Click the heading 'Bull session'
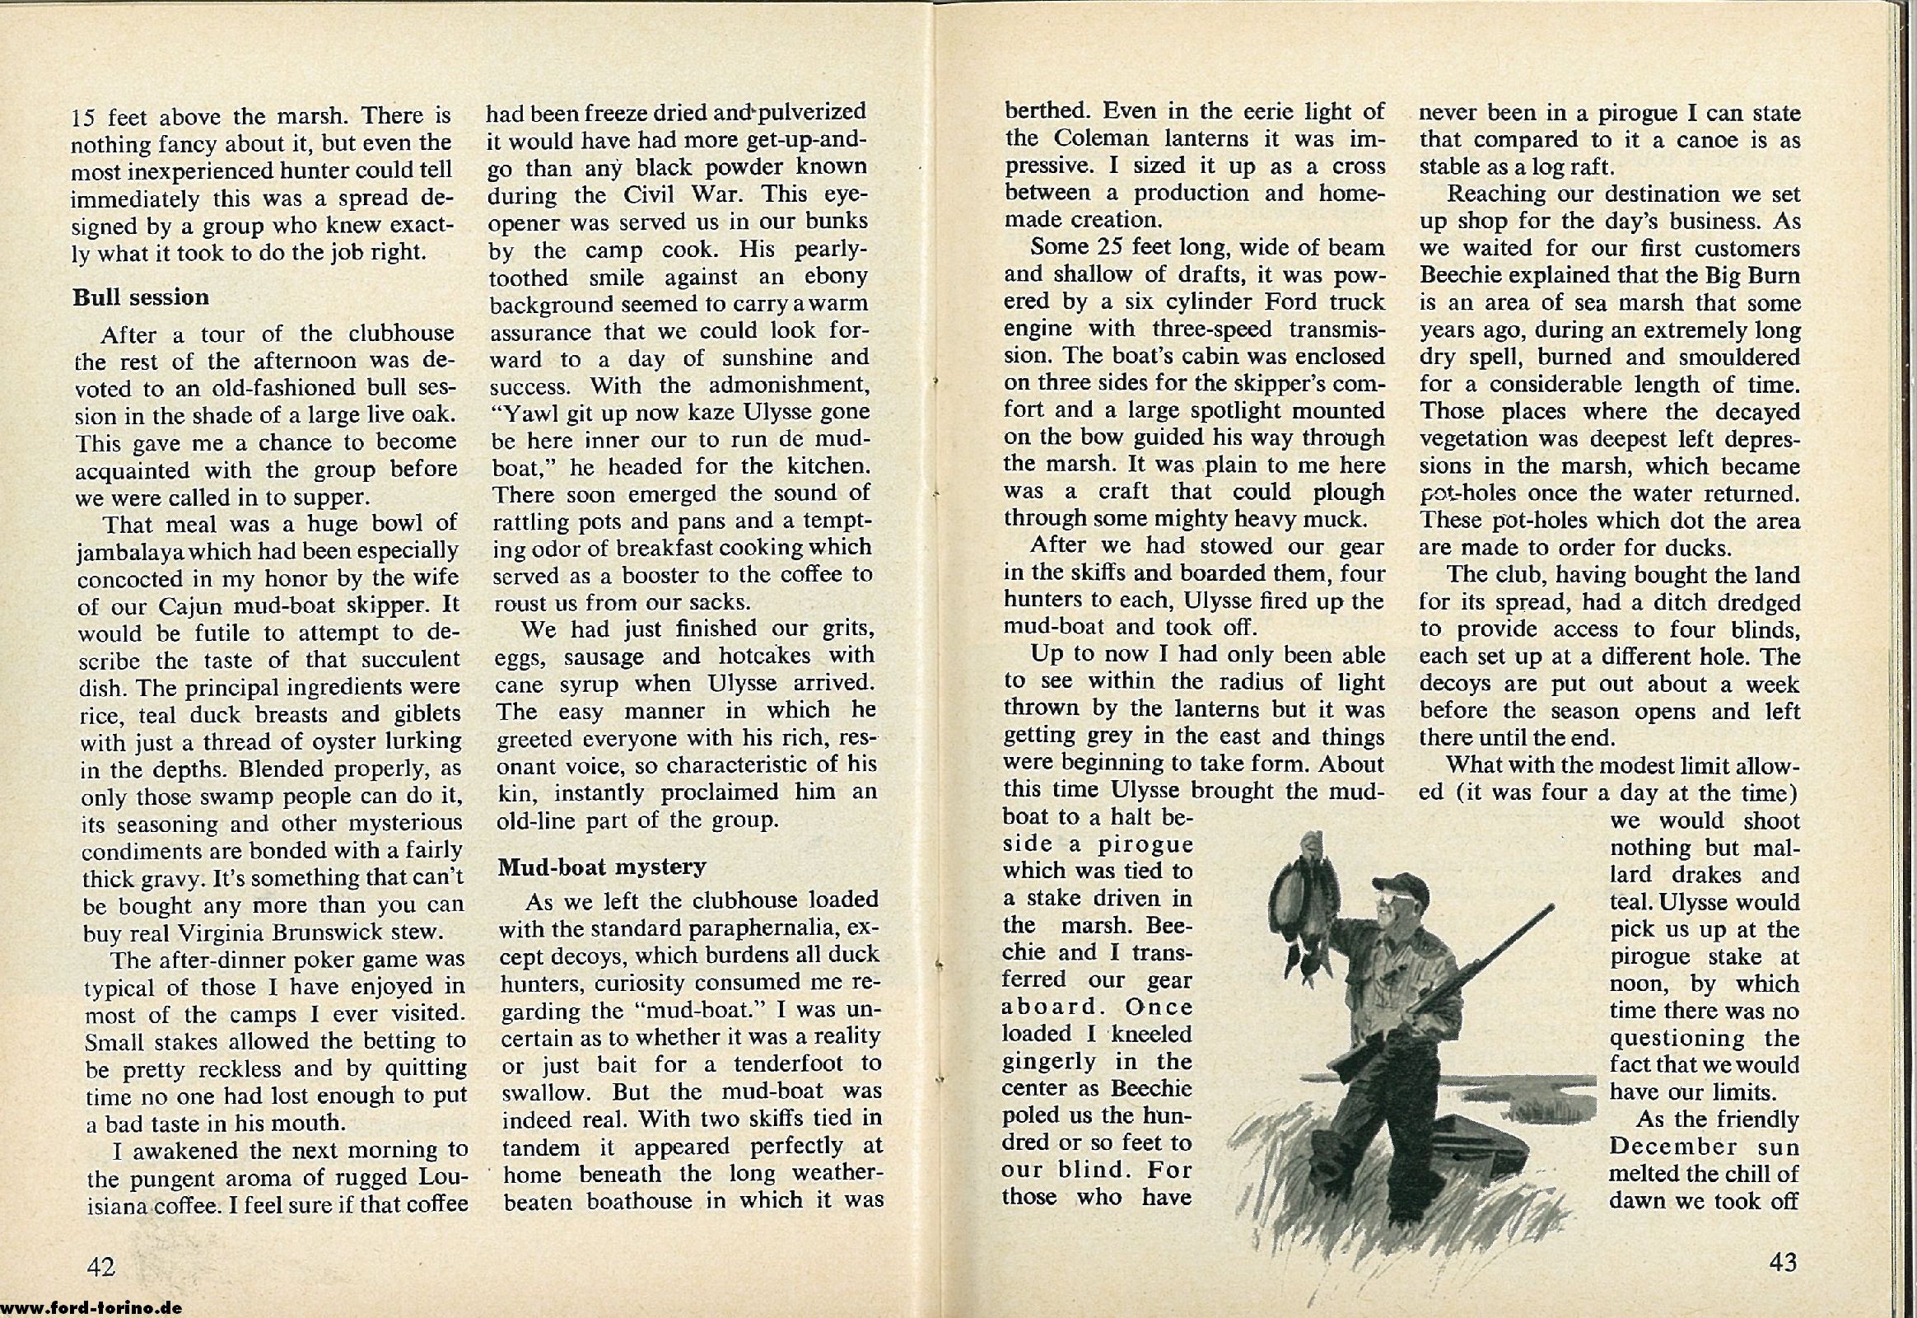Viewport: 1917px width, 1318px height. pyautogui.click(x=140, y=297)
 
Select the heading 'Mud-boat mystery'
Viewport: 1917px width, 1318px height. pyautogui.click(x=602, y=867)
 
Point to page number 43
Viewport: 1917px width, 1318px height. pyautogui.click(x=1784, y=1262)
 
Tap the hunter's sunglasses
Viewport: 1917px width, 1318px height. pyautogui.click(x=1397, y=907)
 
